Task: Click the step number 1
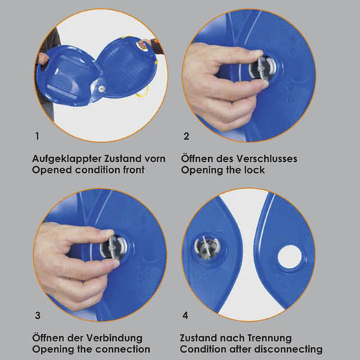pyautogui.click(x=37, y=136)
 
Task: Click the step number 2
pyautogui.click(x=186, y=136)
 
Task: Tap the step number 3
pyautogui.click(x=37, y=315)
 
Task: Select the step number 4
pyautogui.click(x=185, y=315)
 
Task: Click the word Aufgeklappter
pyautogui.click(x=67, y=159)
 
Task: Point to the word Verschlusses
pyautogui.click(x=266, y=158)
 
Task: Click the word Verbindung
pyautogui.click(x=114, y=338)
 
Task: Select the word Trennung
pyautogui.click(x=267, y=338)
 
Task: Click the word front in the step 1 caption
pyautogui.click(x=134, y=170)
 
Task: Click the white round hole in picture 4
pyautogui.click(x=289, y=256)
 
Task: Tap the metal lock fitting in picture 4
pyautogui.click(x=204, y=248)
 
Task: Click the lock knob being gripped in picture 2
pyautogui.click(x=261, y=68)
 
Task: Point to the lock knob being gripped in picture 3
pyautogui.click(x=113, y=247)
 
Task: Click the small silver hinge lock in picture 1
pyautogui.click(x=102, y=89)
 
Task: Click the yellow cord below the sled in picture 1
pyautogui.click(x=142, y=93)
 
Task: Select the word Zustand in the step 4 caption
pyautogui.click(x=197, y=338)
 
